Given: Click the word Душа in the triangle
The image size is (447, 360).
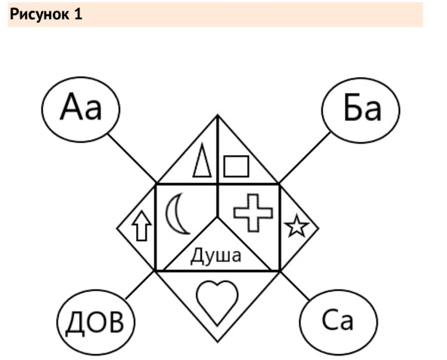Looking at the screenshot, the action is [216, 256].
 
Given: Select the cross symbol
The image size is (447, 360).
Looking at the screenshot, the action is [253, 213].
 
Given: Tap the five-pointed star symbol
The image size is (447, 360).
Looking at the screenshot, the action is [296, 225].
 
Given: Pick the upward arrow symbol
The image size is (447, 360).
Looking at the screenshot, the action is [141, 225].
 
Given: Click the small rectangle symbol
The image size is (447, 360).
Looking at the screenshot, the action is [236, 166].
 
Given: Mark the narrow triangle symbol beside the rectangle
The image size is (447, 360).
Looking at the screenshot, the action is [203, 160].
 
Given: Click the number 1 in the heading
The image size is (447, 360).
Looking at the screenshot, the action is [78, 14].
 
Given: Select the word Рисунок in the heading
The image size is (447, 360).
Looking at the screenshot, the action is [39, 14].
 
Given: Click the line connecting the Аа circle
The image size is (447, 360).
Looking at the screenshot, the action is [132, 158].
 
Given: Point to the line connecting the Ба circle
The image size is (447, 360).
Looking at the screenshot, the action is [305, 157].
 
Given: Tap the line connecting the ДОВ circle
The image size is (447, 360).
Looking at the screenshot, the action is [141, 285].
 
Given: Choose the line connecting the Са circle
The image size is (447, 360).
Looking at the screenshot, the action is [295, 286].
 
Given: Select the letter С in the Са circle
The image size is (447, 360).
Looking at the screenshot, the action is [330, 320].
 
